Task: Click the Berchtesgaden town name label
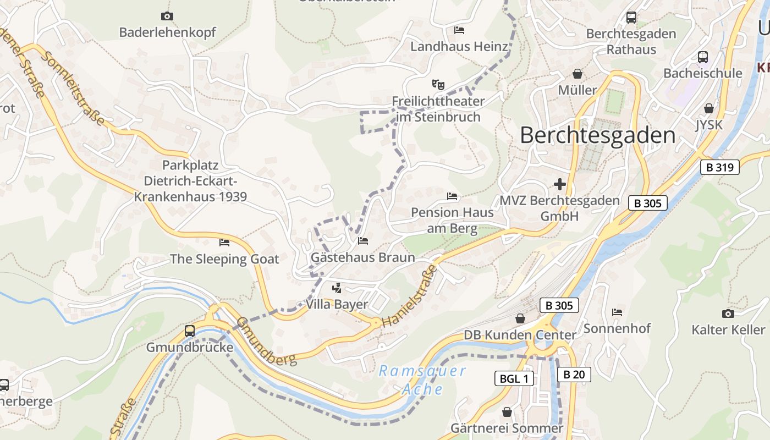pyautogui.click(x=597, y=135)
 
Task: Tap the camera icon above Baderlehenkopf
pyautogui.click(x=167, y=16)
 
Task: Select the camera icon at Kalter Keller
pyautogui.click(x=728, y=313)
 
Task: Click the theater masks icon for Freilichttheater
pyautogui.click(x=438, y=85)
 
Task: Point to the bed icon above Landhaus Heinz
pyautogui.click(x=459, y=30)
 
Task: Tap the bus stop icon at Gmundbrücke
pyautogui.click(x=190, y=331)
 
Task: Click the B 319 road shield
pyautogui.click(x=720, y=167)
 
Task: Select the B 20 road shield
pyautogui.click(x=574, y=375)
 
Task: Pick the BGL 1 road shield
pyautogui.click(x=514, y=378)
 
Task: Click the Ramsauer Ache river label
pyautogui.click(x=422, y=380)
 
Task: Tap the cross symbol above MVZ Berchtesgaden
pyautogui.click(x=560, y=184)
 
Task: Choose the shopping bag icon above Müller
pyautogui.click(x=577, y=73)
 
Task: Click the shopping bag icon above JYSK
pyautogui.click(x=709, y=108)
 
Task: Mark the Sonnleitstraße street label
pyautogui.click(x=73, y=89)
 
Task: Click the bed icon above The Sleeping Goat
pyautogui.click(x=224, y=242)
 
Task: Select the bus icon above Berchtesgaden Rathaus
pyautogui.click(x=631, y=17)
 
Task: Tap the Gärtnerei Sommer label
pyautogui.click(x=507, y=428)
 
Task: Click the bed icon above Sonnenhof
pyautogui.click(x=617, y=312)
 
